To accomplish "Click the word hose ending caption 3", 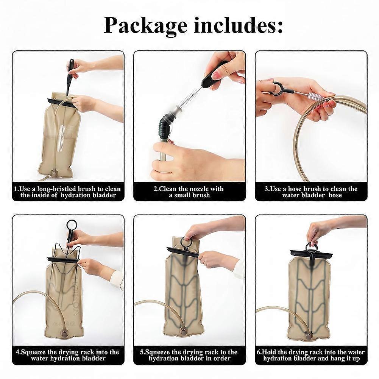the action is [335, 195].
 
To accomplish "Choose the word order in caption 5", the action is [221, 358].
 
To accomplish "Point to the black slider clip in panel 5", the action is [184, 251].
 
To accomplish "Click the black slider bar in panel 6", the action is [311, 254].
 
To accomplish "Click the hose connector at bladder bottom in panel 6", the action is [308, 334].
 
